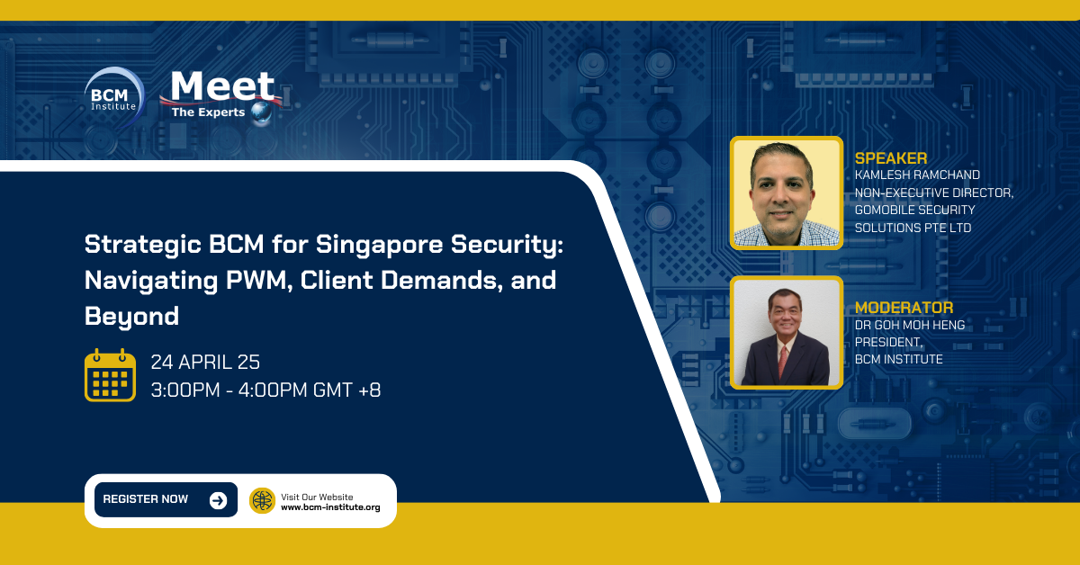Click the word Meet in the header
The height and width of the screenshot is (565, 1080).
(222, 87)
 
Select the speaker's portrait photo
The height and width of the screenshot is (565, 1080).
(786, 193)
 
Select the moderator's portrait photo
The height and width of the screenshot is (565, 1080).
(786, 332)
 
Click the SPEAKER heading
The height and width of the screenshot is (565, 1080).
(890, 158)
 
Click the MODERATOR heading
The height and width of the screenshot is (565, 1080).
(904, 308)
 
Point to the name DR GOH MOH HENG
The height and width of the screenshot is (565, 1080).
(909, 325)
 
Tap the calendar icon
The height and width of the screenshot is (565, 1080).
(110, 375)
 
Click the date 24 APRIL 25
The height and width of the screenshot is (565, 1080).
(205, 363)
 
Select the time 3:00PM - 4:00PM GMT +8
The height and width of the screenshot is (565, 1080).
(265, 390)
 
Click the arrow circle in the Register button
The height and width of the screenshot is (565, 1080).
(218, 500)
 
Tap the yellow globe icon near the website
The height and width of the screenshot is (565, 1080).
(262, 500)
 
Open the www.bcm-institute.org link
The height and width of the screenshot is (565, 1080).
(330, 507)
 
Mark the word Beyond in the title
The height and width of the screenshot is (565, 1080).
(132, 316)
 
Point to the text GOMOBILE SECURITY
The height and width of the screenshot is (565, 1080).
(914, 210)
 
